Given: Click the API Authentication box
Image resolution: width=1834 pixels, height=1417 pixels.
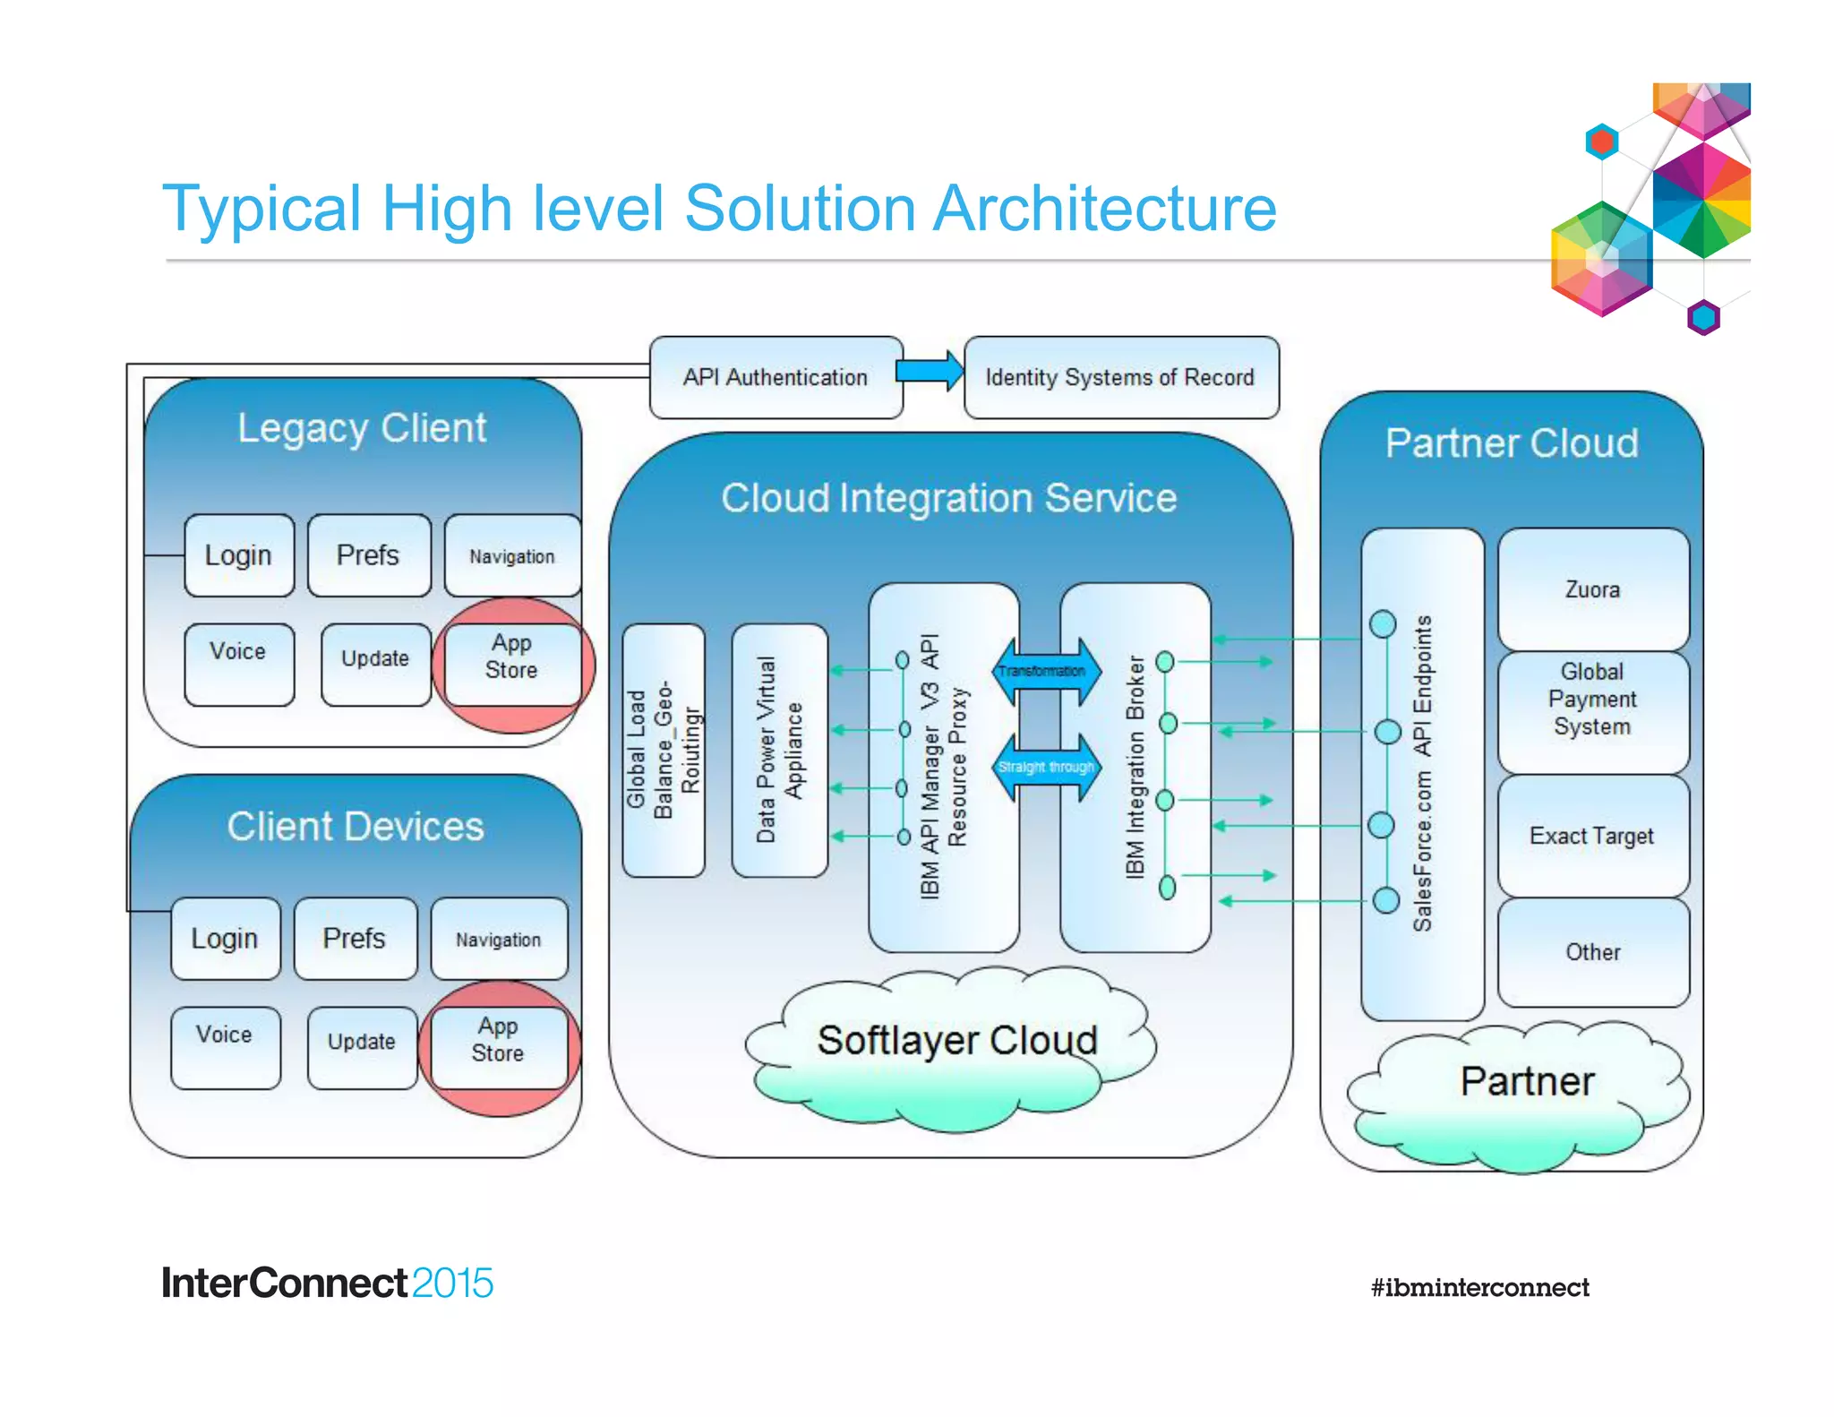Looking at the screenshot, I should tap(776, 377).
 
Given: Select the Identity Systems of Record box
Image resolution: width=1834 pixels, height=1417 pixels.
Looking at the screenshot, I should tap(1120, 377).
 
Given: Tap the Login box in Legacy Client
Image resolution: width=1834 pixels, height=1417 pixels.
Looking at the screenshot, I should tap(238, 555).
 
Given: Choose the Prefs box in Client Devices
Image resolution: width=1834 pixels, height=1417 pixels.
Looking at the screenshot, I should tap(355, 939).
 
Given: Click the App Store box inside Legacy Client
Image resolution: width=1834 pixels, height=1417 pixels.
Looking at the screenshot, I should tap(511, 657).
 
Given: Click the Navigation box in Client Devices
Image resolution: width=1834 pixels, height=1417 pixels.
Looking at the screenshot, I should tap(499, 939).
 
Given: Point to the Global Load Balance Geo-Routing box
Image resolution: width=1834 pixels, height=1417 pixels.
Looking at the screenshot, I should tap(663, 751).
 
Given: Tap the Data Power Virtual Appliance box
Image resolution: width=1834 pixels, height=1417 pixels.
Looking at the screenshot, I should tap(778, 751).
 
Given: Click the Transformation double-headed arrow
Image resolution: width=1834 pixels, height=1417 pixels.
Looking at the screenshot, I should tap(1044, 671).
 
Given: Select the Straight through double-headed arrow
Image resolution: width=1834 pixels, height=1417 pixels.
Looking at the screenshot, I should tap(1045, 768).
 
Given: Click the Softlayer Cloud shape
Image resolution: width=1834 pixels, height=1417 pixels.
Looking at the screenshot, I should tap(955, 1048).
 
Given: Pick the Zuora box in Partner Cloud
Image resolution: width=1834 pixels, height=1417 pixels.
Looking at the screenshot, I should tap(1592, 589).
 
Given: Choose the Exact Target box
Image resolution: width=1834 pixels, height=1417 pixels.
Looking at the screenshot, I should tap(1592, 836).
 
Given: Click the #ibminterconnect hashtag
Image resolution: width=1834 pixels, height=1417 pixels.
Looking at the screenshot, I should tap(1479, 1287).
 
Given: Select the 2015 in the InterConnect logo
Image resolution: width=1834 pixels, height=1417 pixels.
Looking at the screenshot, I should tap(453, 1283).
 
